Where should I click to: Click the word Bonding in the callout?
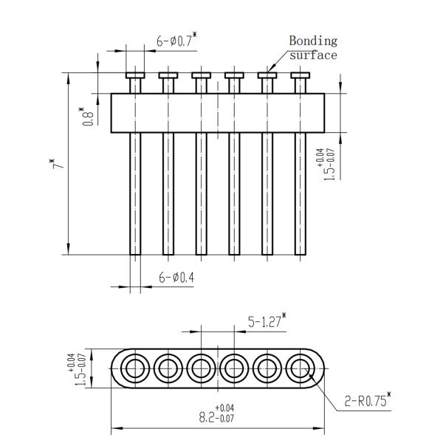pyautogui.click(x=313, y=41)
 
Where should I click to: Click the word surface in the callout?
pyautogui.click(x=313, y=55)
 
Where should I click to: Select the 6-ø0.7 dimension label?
pyautogui.click(x=176, y=40)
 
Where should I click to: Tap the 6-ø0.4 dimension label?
pyautogui.click(x=176, y=278)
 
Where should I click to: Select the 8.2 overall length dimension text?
pyautogui.click(x=216, y=413)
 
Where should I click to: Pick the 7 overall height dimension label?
pyautogui.click(x=58, y=164)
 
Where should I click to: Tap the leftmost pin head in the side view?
pyautogui.click(x=135, y=75)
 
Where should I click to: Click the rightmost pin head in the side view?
pyautogui.click(x=301, y=75)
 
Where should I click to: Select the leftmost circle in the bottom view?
pyautogui.click(x=135, y=368)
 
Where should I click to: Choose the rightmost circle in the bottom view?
pyautogui.click(x=301, y=368)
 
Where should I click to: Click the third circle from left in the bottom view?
pyautogui.click(x=201, y=368)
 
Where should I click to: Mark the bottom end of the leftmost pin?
pyautogui.click(x=135, y=255)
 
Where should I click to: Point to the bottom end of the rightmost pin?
pyautogui.click(x=301, y=255)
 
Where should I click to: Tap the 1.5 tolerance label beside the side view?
pyautogui.click(x=326, y=165)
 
